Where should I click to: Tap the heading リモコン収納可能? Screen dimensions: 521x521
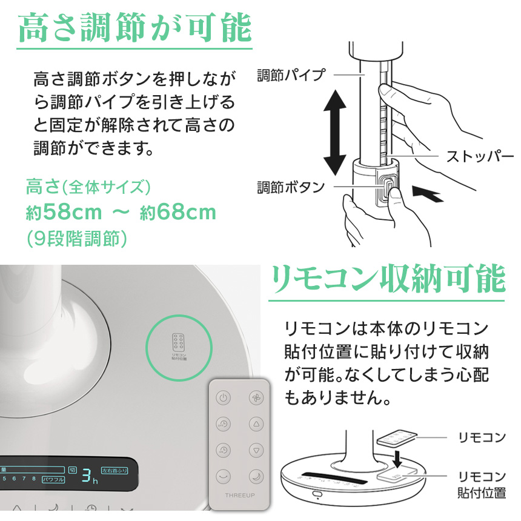pyautogui.click(x=388, y=279)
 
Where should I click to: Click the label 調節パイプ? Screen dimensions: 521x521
pyautogui.click(x=291, y=75)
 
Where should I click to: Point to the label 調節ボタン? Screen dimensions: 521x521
pyautogui.click(x=291, y=187)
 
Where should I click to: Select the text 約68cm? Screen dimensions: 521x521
pyautogui.click(x=178, y=213)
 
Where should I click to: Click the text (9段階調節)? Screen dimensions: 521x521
pyautogui.click(x=76, y=238)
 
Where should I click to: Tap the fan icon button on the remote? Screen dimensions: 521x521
pyautogui.click(x=256, y=398)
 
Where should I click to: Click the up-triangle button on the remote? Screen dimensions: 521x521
pyautogui.click(x=256, y=424)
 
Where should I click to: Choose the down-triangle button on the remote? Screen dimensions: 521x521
pyautogui.click(x=256, y=450)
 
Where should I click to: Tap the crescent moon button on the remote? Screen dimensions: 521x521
pyautogui.click(x=256, y=476)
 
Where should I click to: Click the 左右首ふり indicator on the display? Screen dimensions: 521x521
pyautogui.click(x=114, y=470)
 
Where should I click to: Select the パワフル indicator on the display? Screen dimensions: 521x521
pyautogui.click(x=53, y=479)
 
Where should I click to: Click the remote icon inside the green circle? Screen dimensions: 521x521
pyautogui.click(x=179, y=345)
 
